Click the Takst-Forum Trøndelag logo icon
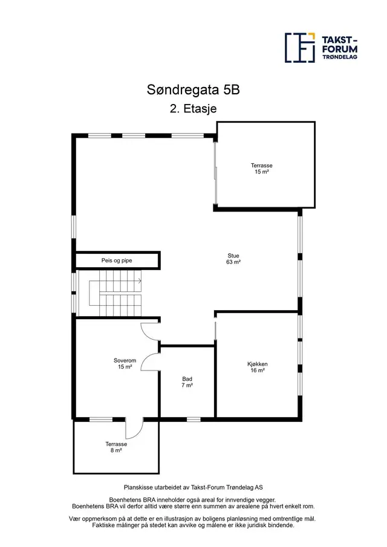click(300, 48)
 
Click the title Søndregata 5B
click(193, 90)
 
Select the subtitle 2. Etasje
click(193, 108)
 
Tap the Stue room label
click(233, 256)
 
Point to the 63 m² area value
click(233, 262)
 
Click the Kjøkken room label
click(258, 364)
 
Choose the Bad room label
click(187, 379)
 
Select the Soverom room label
click(125, 361)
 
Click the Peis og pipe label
click(117, 261)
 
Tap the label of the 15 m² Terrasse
click(261, 166)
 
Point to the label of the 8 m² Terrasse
click(116, 444)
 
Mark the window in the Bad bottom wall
click(193, 419)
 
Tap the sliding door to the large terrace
click(216, 173)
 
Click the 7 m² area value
click(187, 385)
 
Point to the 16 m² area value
click(258, 371)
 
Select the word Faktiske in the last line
click(102, 525)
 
